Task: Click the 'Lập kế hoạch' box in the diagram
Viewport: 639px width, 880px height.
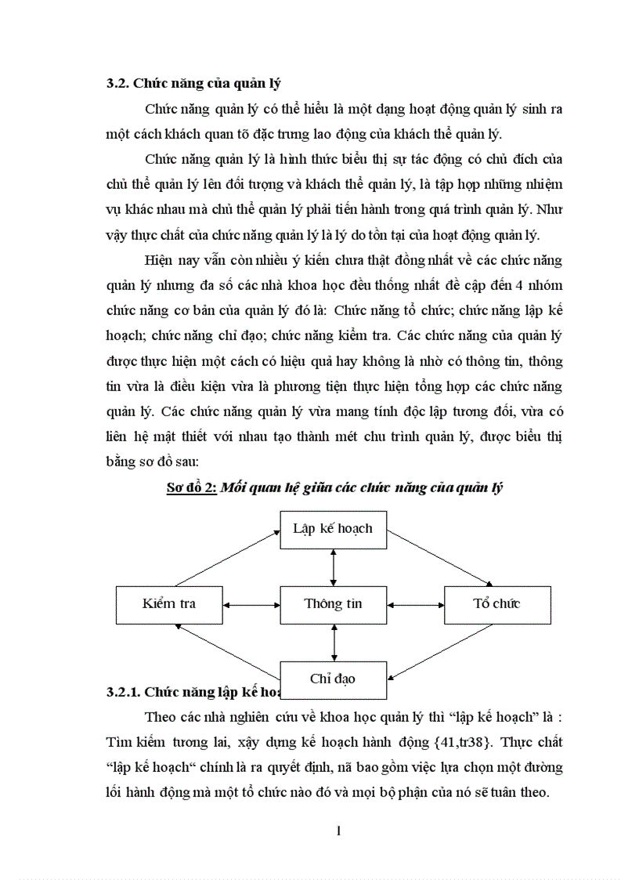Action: click(333, 528)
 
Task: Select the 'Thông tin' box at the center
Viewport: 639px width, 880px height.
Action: click(333, 604)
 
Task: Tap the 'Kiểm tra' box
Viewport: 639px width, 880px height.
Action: click(168, 604)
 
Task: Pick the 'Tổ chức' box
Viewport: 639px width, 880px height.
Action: click(497, 604)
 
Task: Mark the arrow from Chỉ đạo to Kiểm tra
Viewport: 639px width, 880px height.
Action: click(227, 650)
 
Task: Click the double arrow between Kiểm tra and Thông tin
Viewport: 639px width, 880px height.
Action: click(251, 604)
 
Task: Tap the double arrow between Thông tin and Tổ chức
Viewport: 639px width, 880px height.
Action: click(415, 604)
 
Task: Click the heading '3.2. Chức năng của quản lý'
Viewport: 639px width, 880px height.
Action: click(194, 84)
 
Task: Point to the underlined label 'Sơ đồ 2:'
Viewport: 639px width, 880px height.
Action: click(190, 487)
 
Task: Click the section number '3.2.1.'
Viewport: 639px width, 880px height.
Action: click(123, 692)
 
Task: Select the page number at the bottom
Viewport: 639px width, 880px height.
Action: click(338, 831)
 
